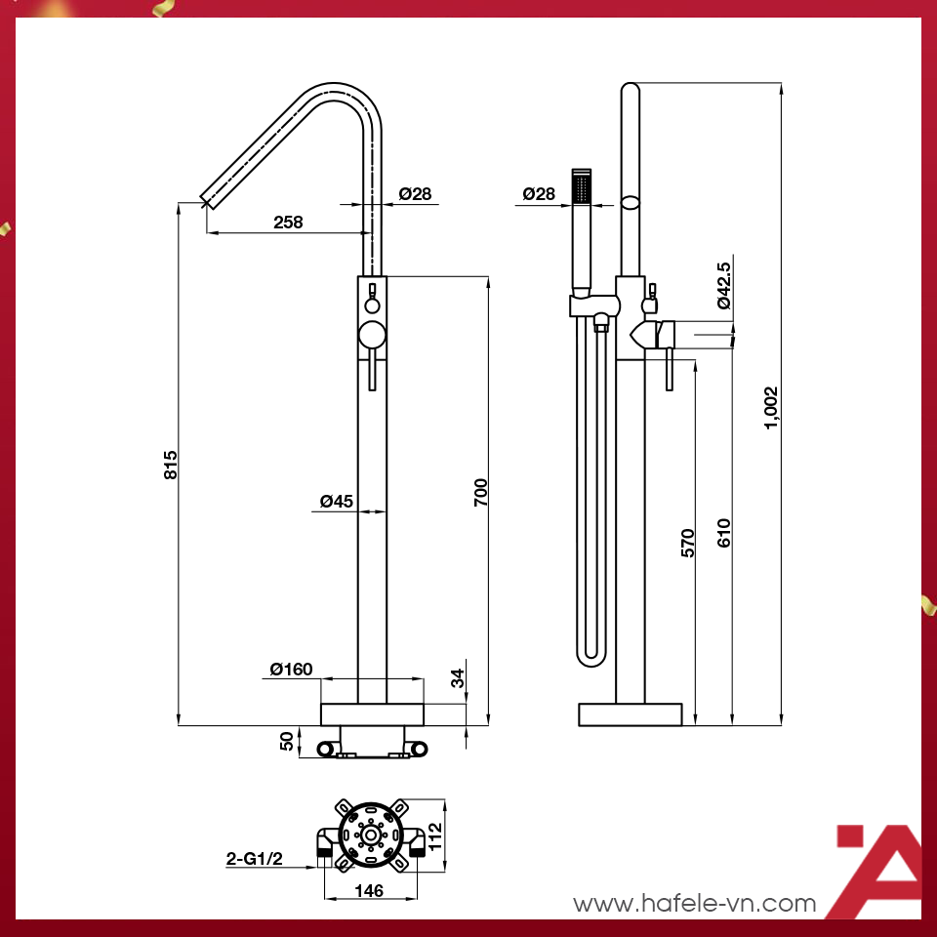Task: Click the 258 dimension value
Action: (288, 222)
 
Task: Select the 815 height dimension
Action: (171, 464)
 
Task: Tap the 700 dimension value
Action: (480, 493)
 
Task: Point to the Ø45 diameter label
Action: (337, 502)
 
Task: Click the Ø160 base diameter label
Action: (291, 669)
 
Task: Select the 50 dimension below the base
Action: (287, 741)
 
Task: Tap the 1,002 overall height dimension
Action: (771, 407)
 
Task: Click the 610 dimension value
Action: (723, 532)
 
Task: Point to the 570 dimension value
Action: (687, 543)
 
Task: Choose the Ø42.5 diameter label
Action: (723, 286)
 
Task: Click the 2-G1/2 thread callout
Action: (255, 859)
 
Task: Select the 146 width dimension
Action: (370, 891)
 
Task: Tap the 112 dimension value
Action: (435, 835)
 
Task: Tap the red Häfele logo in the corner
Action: (877, 872)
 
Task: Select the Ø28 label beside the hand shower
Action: (539, 194)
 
